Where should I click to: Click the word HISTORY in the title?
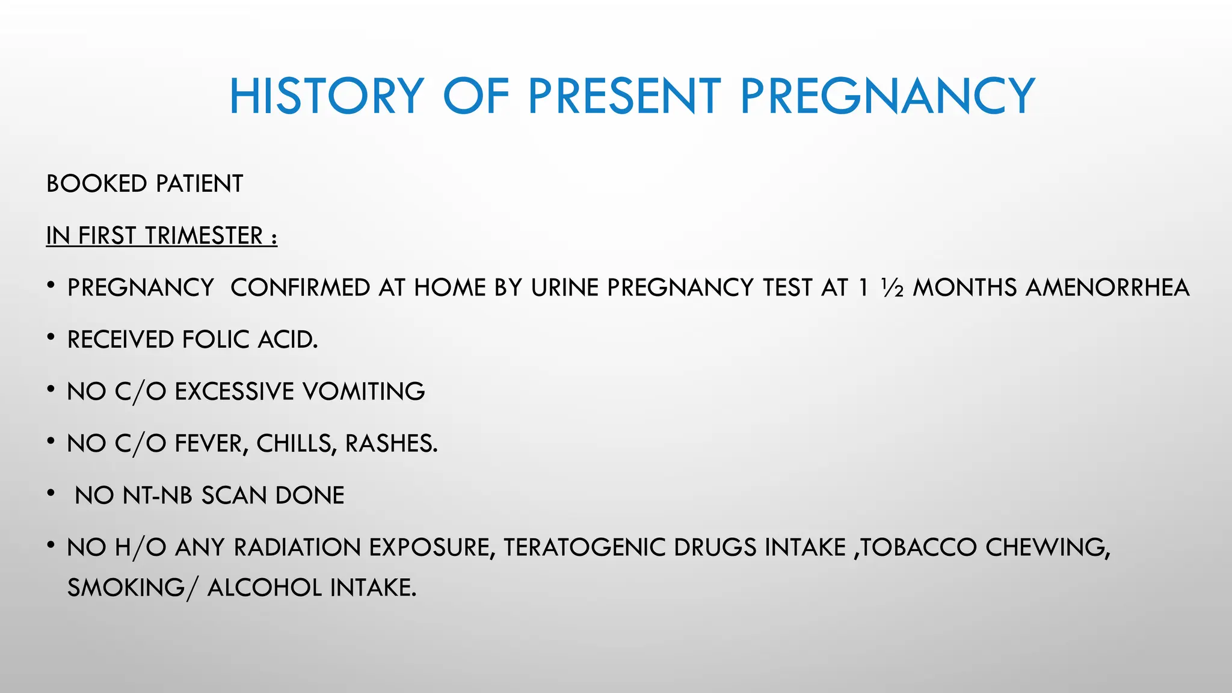327,96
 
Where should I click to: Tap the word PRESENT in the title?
624,96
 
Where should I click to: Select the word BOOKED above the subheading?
96,184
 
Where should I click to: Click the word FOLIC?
216,340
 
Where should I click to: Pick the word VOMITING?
363,392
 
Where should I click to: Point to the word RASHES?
391,444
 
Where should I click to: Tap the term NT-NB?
158,496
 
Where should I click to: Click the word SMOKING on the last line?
126,588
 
